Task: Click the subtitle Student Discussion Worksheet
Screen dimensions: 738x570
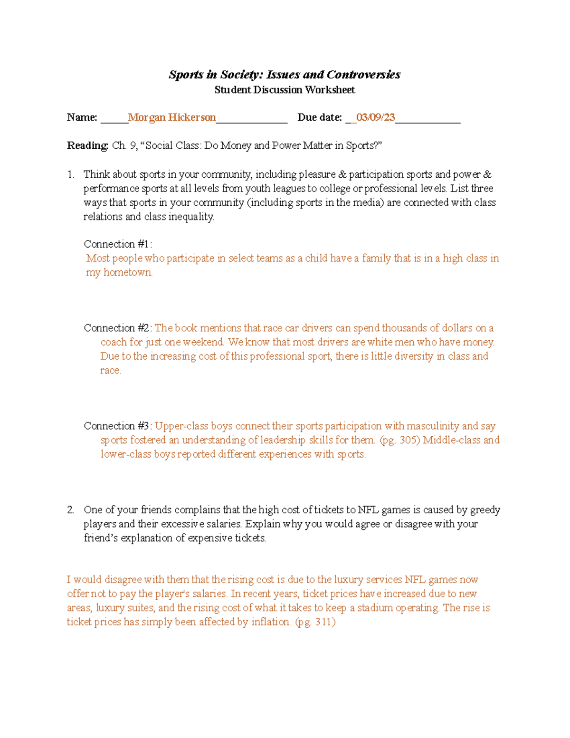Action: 285,90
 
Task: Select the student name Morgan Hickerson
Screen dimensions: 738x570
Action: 172,117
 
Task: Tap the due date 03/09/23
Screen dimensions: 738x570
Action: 375,117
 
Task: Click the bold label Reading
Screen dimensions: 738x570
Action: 88,145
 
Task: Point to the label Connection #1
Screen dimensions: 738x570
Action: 117,244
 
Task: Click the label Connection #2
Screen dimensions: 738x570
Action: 117,328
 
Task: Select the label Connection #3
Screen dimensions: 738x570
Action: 117,426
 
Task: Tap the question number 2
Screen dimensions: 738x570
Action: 71,510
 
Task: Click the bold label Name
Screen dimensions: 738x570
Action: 82,117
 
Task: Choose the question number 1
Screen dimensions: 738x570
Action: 71,174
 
